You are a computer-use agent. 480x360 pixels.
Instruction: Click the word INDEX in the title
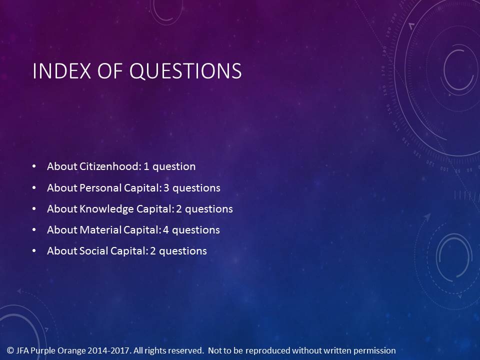(62, 70)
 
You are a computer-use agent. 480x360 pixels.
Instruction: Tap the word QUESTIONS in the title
(185, 71)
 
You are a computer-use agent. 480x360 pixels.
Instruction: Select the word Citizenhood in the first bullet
(110, 166)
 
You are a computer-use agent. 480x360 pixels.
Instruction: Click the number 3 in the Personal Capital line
(166, 187)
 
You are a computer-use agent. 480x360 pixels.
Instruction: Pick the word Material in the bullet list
(100, 230)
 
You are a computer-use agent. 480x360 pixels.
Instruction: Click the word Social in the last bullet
(93, 251)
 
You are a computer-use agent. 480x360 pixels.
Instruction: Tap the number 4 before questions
(166, 230)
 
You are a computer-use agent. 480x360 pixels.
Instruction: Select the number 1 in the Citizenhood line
(146, 166)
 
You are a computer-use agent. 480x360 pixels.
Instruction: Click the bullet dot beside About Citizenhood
(34, 166)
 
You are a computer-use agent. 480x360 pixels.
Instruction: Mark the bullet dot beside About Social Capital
(34, 251)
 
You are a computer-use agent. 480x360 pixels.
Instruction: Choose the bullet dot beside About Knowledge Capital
(34, 209)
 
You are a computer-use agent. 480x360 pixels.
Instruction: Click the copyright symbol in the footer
(10, 350)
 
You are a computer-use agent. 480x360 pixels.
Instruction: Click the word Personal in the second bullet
(100, 187)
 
